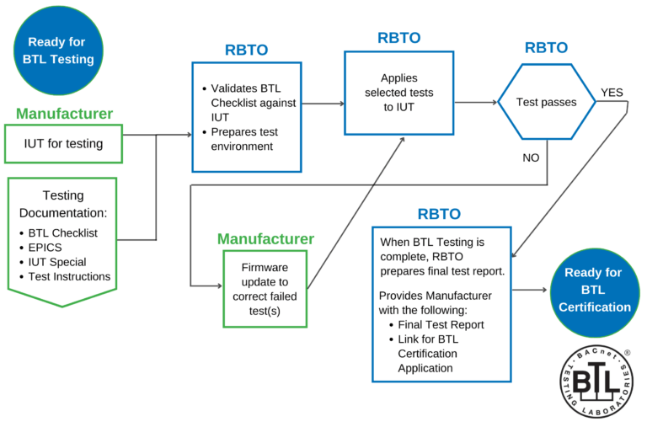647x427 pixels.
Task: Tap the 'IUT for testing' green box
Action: (x=64, y=144)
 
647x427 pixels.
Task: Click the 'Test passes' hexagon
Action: (x=546, y=102)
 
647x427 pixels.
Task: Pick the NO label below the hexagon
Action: (x=531, y=157)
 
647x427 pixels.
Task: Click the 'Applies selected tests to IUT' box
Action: (x=398, y=93)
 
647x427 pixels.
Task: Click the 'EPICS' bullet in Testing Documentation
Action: (x=45, y=248)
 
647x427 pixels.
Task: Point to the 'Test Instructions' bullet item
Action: (x=69, y=276)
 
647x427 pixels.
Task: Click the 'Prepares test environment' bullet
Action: (x=244, y=139)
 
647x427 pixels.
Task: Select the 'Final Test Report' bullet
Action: (x=440, y=324)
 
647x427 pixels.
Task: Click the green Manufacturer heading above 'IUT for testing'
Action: (x=64, y=114)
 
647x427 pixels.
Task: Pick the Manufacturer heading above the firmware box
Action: (x=265, y=239)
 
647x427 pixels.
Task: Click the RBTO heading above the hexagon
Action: (x=546, y=47)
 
